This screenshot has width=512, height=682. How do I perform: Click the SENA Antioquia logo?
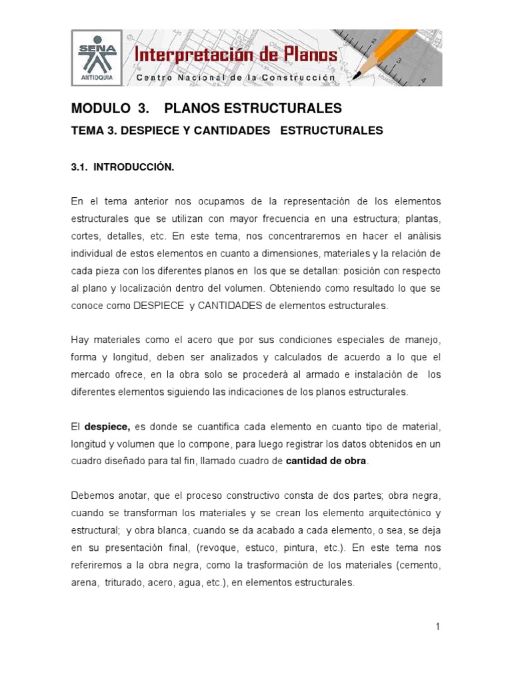(96, 57)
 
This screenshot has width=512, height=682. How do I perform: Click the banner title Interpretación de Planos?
(236, 55)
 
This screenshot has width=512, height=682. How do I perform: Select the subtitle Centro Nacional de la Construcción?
(236, 78)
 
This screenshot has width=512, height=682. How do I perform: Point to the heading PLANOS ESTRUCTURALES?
(253, 108)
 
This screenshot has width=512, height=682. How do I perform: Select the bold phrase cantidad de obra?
(326, 461)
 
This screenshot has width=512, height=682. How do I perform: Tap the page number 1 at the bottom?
(437, 627)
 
